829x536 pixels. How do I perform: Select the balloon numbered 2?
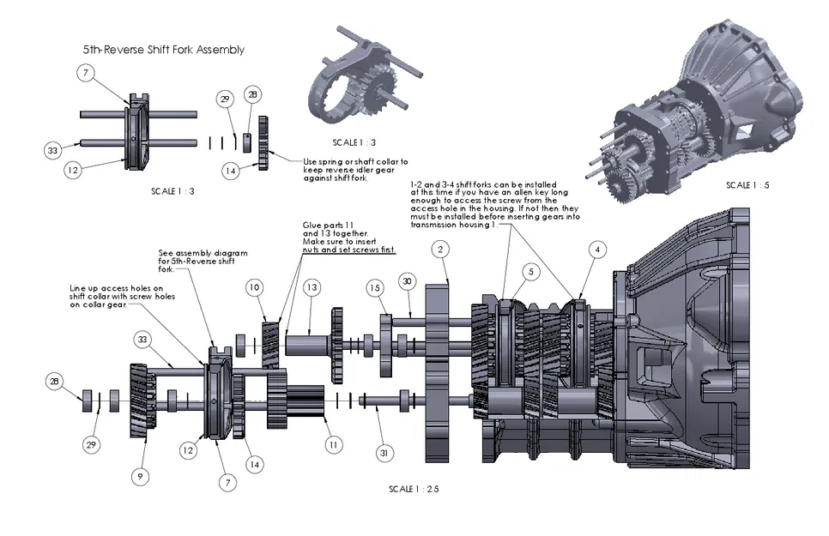[x=439, y=250]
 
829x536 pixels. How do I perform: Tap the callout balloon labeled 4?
[x=598, y=250]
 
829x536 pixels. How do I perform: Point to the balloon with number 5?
[x=531, y=272]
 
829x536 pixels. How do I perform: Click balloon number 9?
[x=141, y=474]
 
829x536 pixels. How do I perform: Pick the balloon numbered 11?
[x=333, y=445]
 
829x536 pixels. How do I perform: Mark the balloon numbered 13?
[x=312, y=286]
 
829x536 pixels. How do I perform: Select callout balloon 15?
[x=374, y=289]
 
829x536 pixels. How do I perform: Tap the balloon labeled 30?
[x=407, y=280]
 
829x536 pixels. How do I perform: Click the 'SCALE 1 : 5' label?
[x=748, y=185]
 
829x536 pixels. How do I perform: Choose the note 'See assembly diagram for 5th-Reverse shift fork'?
[x=203, y=261]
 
